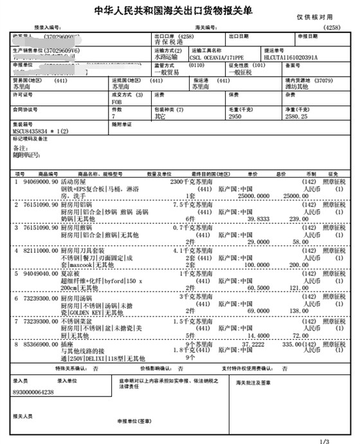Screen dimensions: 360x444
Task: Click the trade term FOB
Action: [116, 101]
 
